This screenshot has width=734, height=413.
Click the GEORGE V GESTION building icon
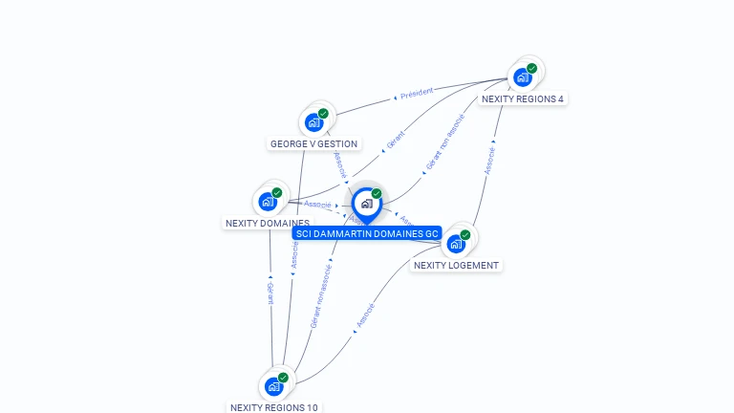(x=313, y=122)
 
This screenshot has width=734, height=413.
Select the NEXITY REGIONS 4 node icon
(x=522, y=77)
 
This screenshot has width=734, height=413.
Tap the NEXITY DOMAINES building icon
(x=268, y=202)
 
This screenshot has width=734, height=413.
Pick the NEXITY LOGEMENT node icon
(x=456, y=243)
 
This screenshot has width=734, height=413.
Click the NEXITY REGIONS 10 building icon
(x=273, y=386)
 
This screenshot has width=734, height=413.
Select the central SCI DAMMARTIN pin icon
(x=365, y=204)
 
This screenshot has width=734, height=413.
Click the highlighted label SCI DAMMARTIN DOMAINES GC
(x=367, y=233)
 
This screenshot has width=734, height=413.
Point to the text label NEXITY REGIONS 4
(x=523, y=98)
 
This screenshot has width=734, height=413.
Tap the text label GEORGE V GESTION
(x=313, y=144)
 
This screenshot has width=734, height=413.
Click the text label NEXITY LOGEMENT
(x=456, y=265)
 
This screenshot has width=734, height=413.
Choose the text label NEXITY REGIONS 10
(x=274, y=407)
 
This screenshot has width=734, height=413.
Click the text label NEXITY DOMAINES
(x=267, y=224)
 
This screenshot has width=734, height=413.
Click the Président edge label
(x=417, y=93)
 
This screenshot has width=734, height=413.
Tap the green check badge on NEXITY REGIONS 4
(x=532, y=68)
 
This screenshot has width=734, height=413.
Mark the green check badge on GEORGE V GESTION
(x=323, y=113)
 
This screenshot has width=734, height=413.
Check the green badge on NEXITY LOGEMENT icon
(x=465, y=234)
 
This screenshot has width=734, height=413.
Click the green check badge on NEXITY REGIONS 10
(x=283, y=378)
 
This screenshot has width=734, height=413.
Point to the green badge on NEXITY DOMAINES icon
(x=277, y=192)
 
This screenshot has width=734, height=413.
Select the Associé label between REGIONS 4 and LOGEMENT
(x=490, y=161)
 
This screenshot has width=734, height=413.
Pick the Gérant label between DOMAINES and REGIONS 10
(x=270, y=293)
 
